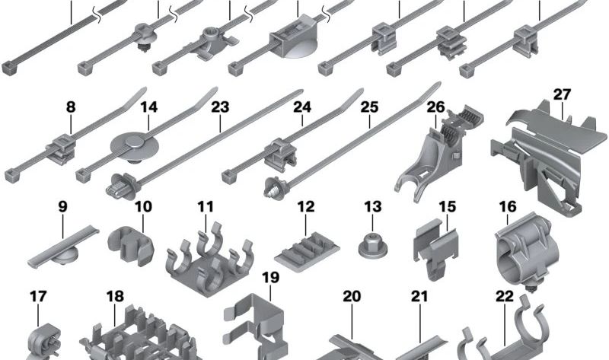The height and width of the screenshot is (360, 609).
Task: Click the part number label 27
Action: click(x=562, y=95)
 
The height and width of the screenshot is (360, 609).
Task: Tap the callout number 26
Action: click(x=435, y=106)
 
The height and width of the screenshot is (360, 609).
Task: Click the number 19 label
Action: click(x=270, y=278)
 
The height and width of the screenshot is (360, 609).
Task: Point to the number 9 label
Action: click(x=62, y=206)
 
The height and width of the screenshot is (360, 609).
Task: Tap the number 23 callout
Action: click(x=220, y=108)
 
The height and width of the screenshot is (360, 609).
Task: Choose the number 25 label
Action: click(x=369, y=108)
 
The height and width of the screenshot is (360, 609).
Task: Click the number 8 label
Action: click(x=71, y=108)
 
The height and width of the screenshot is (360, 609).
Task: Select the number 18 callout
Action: click(x=114, y=296)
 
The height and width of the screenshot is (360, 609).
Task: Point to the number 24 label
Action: click(x=302, y=108)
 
